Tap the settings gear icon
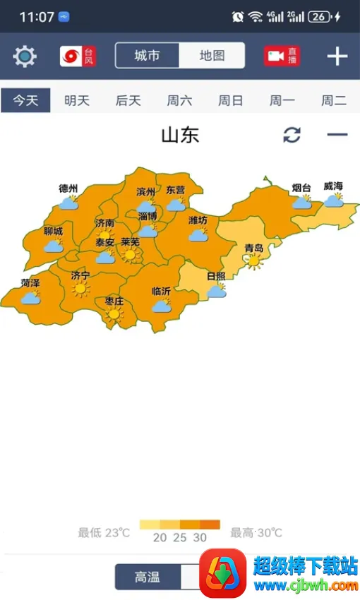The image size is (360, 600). (25, 56)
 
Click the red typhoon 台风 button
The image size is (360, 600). (78, 56)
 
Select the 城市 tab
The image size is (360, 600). (147, 56)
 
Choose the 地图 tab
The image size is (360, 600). (212, 56)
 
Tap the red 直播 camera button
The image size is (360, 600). (282, 56)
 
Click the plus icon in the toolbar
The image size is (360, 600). (337, 56)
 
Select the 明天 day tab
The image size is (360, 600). (77, 100)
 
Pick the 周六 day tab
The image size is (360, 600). (179, 100)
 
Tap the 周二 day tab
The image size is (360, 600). (334, 100)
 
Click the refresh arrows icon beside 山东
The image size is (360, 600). (292, 135)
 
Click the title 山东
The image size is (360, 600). (180, 135)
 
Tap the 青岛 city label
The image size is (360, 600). (253, 248)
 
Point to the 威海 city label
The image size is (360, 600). (333, 186)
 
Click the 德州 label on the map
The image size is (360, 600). (68, 188)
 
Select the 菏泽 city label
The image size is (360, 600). (30, 283)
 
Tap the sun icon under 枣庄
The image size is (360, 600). (114, 314)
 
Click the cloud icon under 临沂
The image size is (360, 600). (162, 306)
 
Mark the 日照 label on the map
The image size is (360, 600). (216, 276)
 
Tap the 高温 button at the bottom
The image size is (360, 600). (147, 577)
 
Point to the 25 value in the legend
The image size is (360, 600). (180, 537)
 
